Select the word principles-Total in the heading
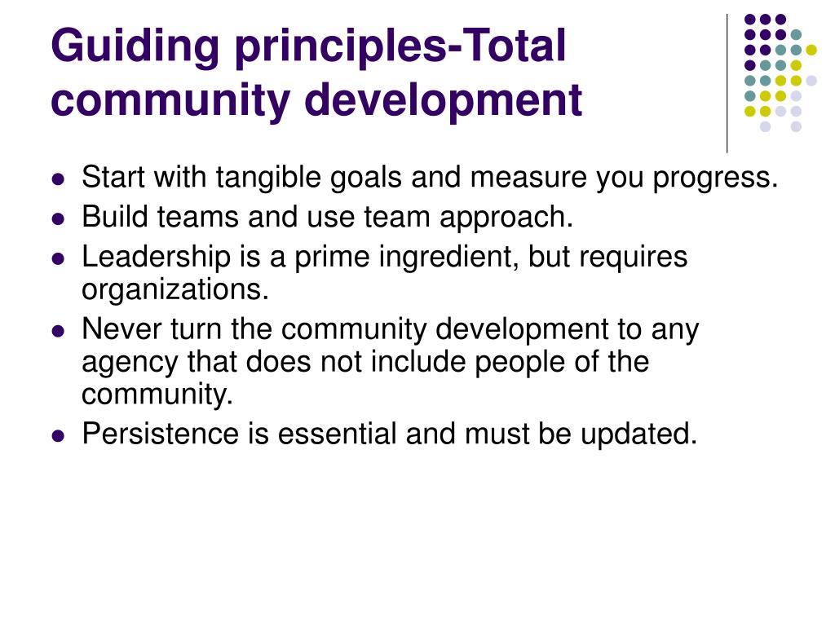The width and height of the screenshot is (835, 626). point(400,46)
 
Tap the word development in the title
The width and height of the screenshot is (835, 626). point(443,101)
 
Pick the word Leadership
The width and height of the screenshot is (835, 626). point(156,258)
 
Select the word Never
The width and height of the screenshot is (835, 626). point(121,329)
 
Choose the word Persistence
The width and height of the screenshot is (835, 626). point(161,434)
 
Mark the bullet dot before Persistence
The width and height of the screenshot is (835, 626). point(58,437)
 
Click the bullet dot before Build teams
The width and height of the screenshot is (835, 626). point(58,218)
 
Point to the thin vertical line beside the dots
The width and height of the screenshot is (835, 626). point(727,84)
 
